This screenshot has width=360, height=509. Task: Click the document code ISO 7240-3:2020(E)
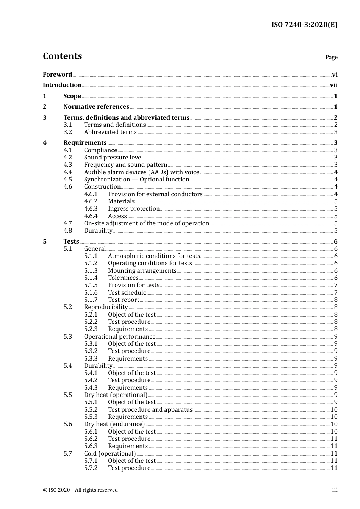click(x=304, y=25)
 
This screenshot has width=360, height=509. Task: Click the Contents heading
click(x=62, y=56)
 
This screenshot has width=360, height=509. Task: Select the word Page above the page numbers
click(x=331, y=57)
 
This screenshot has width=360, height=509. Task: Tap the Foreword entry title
click(x=57, y=74)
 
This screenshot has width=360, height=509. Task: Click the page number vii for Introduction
click(x=333, y=85)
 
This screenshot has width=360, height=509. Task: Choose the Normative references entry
click(x=96, y=107)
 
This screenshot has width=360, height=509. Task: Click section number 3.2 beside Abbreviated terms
click(x=68, y=132)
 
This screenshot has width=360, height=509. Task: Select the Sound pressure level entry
click(x=113, y=158)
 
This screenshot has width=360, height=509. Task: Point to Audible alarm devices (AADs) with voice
click(x=141, y=172)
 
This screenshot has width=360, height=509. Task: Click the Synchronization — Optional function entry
click(x=136, y=180)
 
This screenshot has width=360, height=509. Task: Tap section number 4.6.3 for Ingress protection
click(x=91, y=209)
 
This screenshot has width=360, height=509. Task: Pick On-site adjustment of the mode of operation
click(x=146, y=223)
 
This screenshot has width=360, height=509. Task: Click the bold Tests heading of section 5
click(x=71, y=242)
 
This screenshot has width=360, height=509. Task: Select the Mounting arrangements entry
click(x=142, y=271)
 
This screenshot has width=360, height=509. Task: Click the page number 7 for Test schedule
click(x=336, y=293)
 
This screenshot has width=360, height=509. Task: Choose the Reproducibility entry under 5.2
click(x=106, y=307)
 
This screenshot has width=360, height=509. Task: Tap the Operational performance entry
click(x=119, y=337)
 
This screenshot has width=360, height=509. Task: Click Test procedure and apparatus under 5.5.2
click(x=150, y=410)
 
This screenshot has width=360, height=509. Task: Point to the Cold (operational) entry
click(x=110, y=454)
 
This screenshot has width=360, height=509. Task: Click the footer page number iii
click(x=335, y=490)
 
